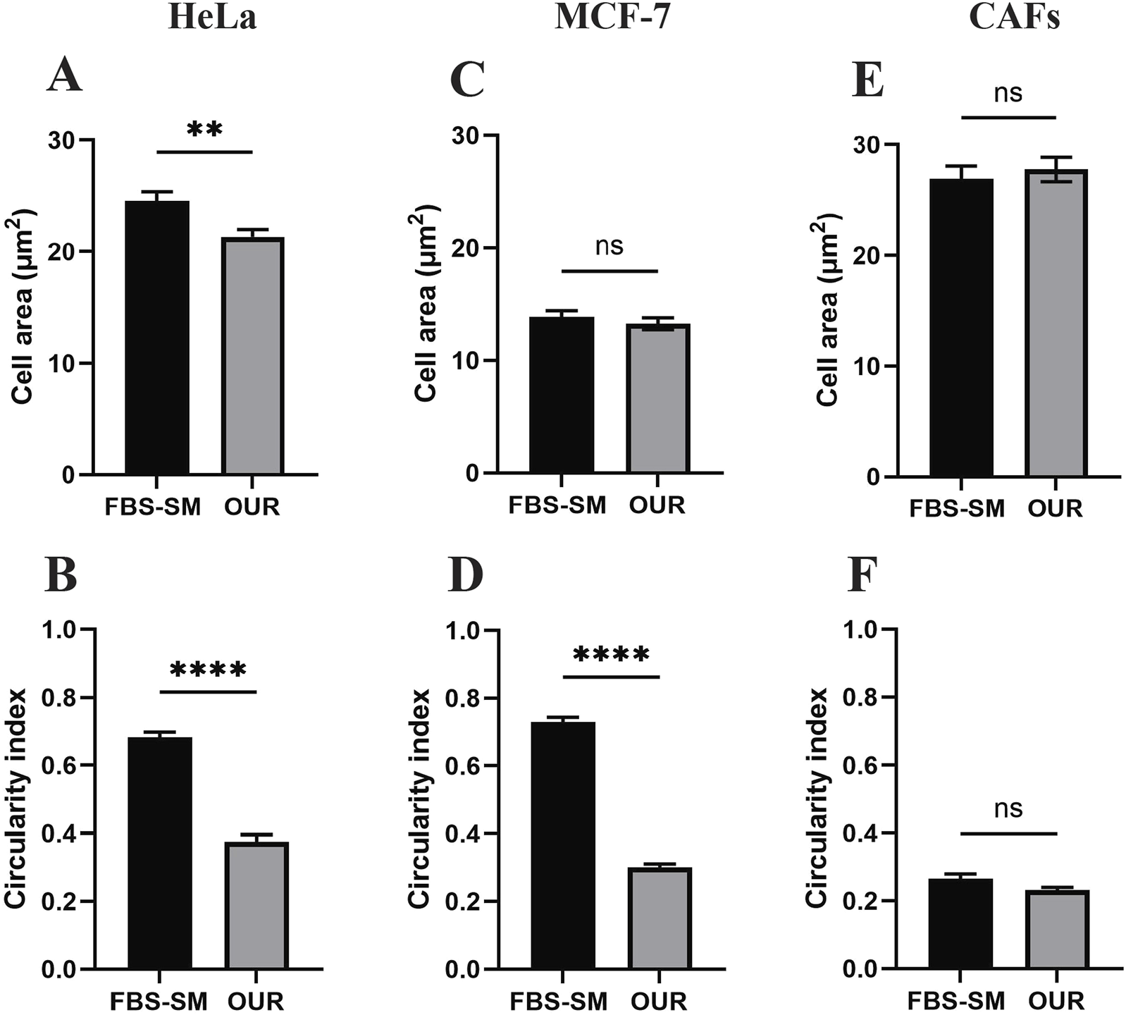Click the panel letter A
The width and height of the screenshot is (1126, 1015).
pyautogui.click(x=64, y=76)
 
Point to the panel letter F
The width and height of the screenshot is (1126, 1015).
pyautogui.click(x=864, y=576)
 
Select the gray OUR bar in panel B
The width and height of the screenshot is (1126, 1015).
pyautogui.click(x=256, y=905)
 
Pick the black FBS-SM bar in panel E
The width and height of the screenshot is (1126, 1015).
pyautogui.click(x=961, y=328)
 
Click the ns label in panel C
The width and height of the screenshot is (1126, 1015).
pyautogui.click(x=610, y=246)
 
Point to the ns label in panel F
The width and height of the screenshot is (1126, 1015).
pyautogui.click(x=1008, y=808)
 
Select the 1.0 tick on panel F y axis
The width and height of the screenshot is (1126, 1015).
pyautogui.click(x=861, y=630)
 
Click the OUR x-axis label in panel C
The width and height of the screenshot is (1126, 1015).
pyautogui.click(x=657, y=505)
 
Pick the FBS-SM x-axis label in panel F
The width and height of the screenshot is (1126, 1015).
pyautogui.click(x=955, y=1001)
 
